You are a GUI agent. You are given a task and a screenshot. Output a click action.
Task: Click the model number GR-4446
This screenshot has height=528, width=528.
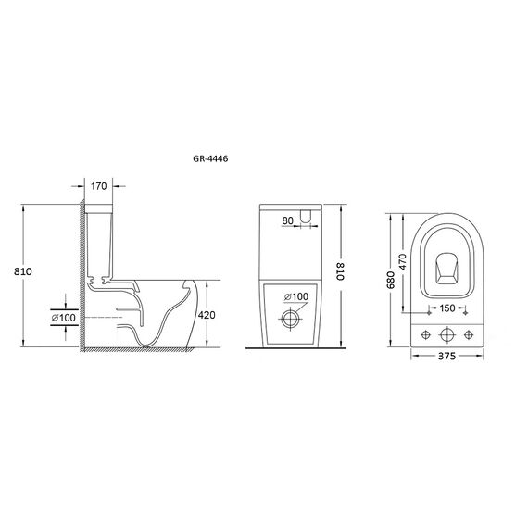[x=210, y=158]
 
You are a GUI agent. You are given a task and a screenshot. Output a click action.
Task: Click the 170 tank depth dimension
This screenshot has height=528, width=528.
[x=99, y=186]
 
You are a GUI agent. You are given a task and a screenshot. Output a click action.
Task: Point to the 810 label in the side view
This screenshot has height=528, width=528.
[x=23, y=271]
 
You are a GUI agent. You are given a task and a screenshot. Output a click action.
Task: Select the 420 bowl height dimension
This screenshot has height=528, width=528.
[x=207, y=315]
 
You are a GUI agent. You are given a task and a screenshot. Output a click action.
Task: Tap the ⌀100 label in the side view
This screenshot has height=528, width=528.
[x=63, y=318]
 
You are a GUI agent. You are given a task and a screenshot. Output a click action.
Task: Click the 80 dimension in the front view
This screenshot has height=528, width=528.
[x=287, y=220]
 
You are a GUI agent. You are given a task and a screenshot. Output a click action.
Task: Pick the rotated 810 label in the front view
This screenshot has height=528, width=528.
[x=341, y=271]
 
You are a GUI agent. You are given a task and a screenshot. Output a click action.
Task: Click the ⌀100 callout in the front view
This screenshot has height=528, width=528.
[x=296, y=296]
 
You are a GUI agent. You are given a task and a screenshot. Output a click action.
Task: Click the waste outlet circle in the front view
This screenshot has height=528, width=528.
[x=290, y=319]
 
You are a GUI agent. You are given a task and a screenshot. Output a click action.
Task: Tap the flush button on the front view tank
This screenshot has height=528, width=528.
[x=305, y=216]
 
